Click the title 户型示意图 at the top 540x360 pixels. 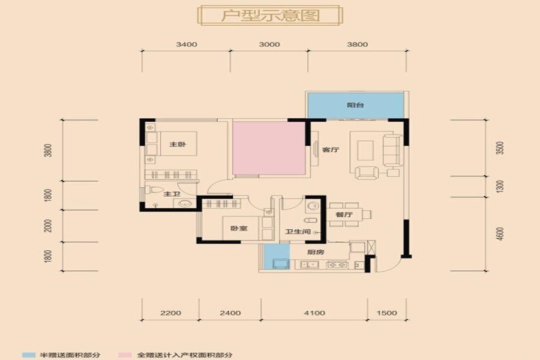point(271,16)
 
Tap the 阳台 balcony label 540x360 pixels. point(355,105)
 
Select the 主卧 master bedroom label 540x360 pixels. point(178,144)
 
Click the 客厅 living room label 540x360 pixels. point(330,149)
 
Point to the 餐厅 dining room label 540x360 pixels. point(344,215)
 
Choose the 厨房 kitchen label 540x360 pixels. point(316,252)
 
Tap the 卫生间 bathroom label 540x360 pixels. point(298,232)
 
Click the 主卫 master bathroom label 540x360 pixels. point(172,194)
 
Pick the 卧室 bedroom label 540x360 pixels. point(239,228)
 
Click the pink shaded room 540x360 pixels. point(269,148)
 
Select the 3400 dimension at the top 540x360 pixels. point(187,44)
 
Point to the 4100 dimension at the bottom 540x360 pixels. point(314,313)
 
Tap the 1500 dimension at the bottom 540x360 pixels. point(387,313)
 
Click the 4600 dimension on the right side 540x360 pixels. point(500,234)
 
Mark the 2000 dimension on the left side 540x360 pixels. point(49,226)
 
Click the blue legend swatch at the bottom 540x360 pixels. point(29,355)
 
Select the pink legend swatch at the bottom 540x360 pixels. point(125,355)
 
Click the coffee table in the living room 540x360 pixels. point(365,150)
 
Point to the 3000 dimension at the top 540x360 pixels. point(269,44)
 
